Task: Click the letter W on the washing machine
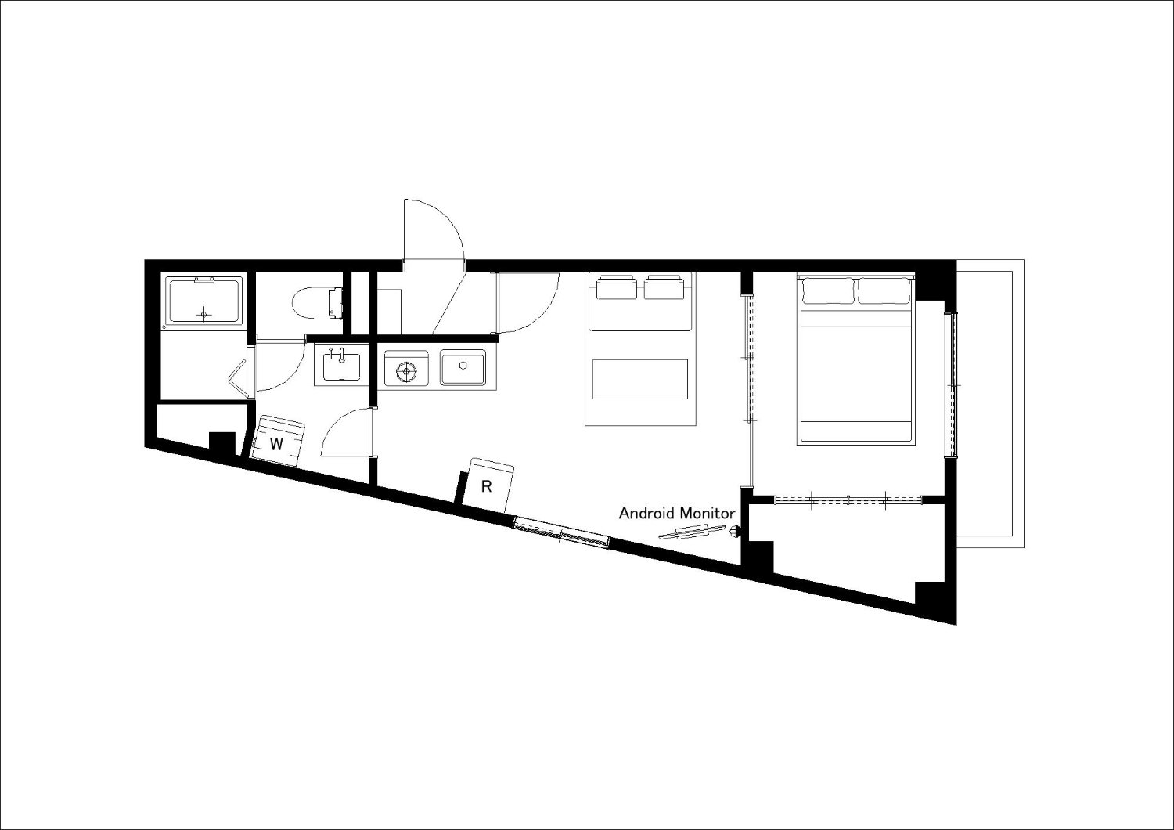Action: [x=276, y=445]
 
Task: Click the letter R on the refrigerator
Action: [x=486, y=486]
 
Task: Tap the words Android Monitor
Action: [x=677, y=514]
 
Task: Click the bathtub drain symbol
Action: [x=204, y=315]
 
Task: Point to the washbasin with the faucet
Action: [x=342, y=366]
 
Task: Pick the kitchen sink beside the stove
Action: [x=463, y=367]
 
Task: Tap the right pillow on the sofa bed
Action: [x=664, y=288]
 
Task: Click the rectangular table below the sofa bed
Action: [x=640, y=379]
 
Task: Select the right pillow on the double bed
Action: [x=884, y=290]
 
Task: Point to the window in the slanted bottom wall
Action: [x=561, y=532]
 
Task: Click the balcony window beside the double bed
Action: [x=951, y=384]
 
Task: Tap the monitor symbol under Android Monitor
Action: [x=692, y=532]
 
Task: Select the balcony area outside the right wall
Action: [x=990, y=404]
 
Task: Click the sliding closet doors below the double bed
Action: [x=848, y=500]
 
